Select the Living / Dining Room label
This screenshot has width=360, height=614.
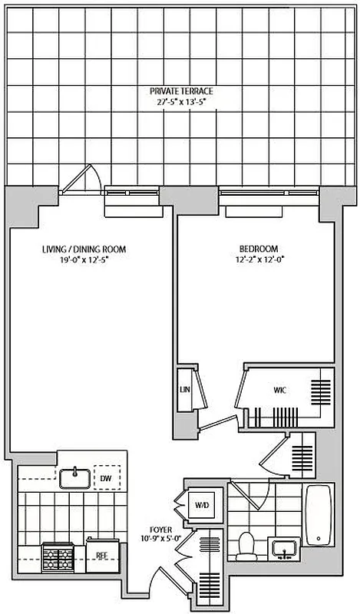84,249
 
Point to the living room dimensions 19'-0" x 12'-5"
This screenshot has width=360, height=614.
84,260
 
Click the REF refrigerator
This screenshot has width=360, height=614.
100,550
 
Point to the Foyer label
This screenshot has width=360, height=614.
162,529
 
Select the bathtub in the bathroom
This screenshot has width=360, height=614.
319,513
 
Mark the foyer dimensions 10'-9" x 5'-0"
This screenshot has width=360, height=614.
162,539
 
